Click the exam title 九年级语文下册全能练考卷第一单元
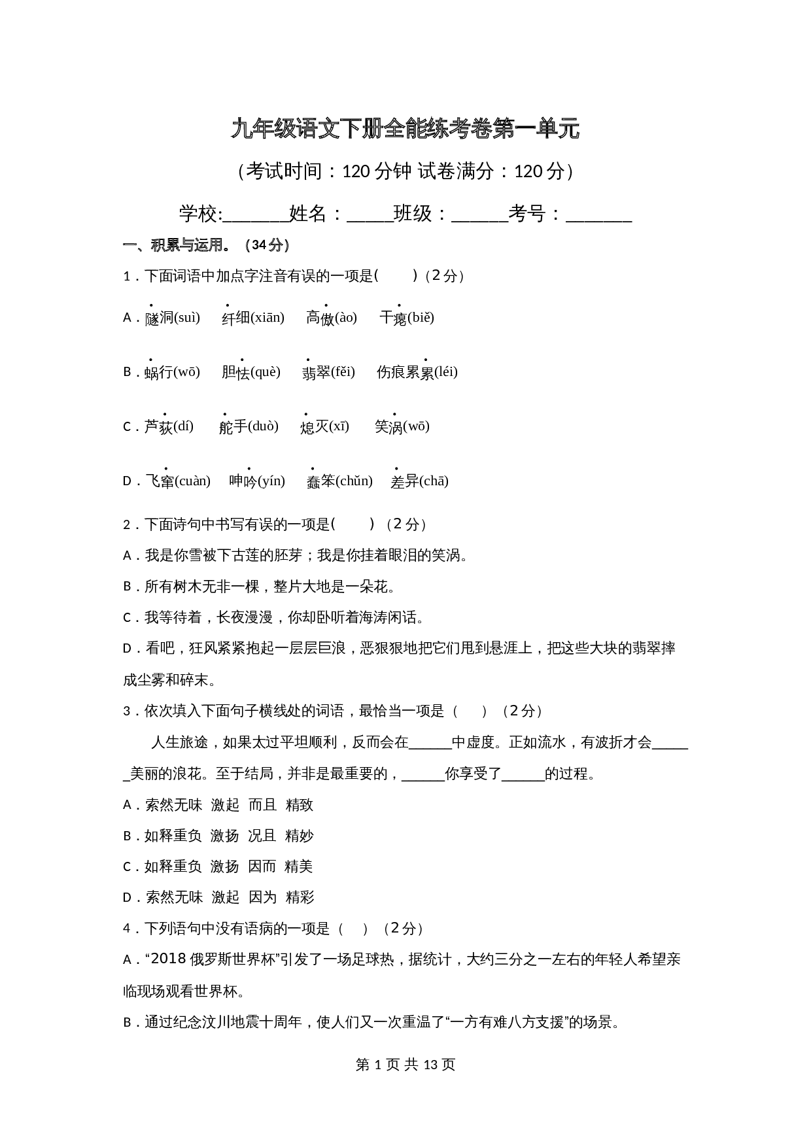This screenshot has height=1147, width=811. click(405, 129)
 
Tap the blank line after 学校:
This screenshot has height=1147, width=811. click(256, 216)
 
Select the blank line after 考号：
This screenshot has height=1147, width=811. click(598, 216)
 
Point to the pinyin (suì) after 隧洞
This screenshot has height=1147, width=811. click(187, 318)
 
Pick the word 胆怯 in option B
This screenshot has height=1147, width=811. click(235, 372)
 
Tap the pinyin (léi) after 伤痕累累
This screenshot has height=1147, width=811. click(446, 372)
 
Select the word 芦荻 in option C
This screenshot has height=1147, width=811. click(159, 427)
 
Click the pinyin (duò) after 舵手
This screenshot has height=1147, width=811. click(264, 426)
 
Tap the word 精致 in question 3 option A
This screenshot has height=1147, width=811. click(300, 805)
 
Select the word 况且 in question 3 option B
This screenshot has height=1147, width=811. click(262, 836)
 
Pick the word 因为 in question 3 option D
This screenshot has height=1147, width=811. click(263, 897)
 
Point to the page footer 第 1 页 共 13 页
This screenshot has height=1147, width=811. click(405, 1065)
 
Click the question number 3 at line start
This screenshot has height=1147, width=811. click(128, 711)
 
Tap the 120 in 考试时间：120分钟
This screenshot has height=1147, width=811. click(356, 171)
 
